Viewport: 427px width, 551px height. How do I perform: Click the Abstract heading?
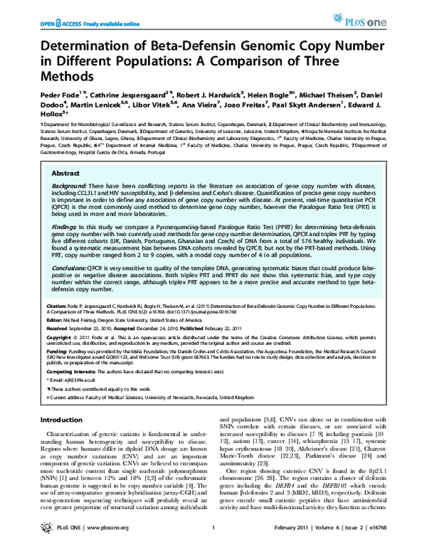point(67,173)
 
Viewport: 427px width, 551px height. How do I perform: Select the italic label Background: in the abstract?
point(69,185)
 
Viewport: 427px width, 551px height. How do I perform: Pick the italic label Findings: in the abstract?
point(65,228)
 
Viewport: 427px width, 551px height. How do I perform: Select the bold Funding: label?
point(58,351)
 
